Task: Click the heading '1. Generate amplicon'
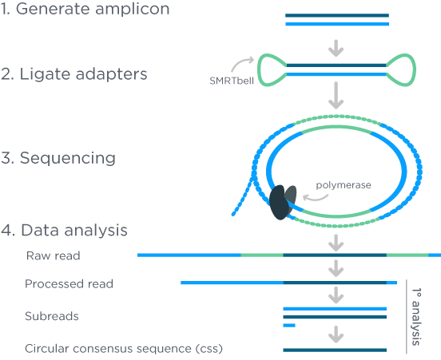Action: [85, 9]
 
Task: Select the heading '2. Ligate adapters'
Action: [73, 74]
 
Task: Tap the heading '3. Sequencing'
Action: [58, 158]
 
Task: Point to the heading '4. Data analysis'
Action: [64, 230]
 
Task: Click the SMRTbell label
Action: [232, 81]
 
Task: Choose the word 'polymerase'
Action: [344, 185]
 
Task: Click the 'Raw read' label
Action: [54, 255]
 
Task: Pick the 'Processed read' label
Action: [69, 284]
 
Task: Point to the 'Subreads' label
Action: [52, 316]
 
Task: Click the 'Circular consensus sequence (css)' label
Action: [124, 349]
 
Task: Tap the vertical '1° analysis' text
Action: [416, 317]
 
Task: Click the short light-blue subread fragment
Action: [289, 326]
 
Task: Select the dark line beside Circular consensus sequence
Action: [335, 350]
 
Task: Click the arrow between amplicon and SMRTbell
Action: [336, 48]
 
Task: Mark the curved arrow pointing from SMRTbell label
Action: [242, 64]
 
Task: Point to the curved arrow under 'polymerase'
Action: [316, 198]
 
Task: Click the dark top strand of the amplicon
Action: [337, 15]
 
